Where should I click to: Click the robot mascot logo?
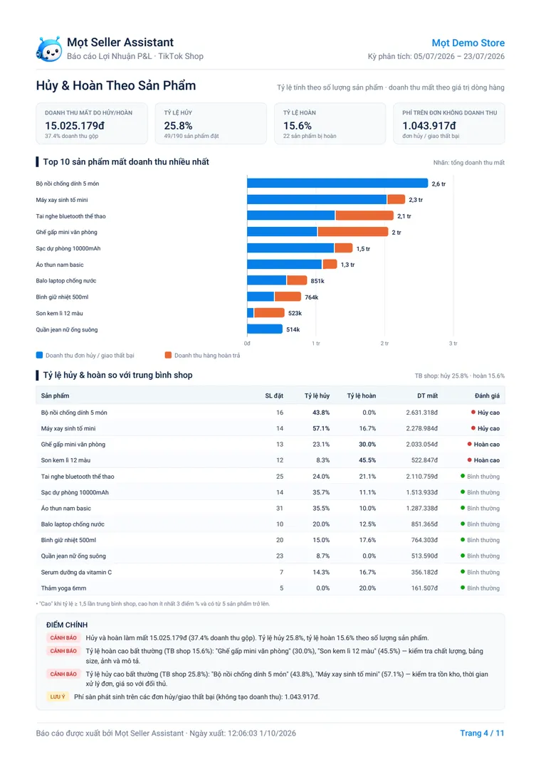point(48,48)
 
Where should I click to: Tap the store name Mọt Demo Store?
point(468,43)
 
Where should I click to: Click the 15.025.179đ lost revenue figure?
point(75,126)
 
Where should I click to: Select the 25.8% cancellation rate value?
point(179,126)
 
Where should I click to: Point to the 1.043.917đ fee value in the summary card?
point(429,126)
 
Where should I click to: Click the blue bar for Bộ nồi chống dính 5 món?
point(337,184)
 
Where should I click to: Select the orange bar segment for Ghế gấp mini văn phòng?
point(353,232)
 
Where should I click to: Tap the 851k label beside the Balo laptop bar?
point(317,281)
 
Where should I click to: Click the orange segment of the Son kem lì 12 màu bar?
point(269,313)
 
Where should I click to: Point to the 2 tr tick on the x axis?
point(384,344)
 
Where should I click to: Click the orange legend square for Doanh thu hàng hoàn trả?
point(168,355)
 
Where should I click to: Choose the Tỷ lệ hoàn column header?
point(361,396)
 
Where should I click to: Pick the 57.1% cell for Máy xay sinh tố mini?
point(321,428)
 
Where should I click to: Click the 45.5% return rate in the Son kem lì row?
point(367,460)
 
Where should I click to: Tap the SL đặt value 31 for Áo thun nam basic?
point(280,508)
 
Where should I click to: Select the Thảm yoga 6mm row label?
point(63,588)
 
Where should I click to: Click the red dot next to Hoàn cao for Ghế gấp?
point(469,444)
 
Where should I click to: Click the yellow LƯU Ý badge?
point(58,696)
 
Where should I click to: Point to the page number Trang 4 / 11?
point(482,733)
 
